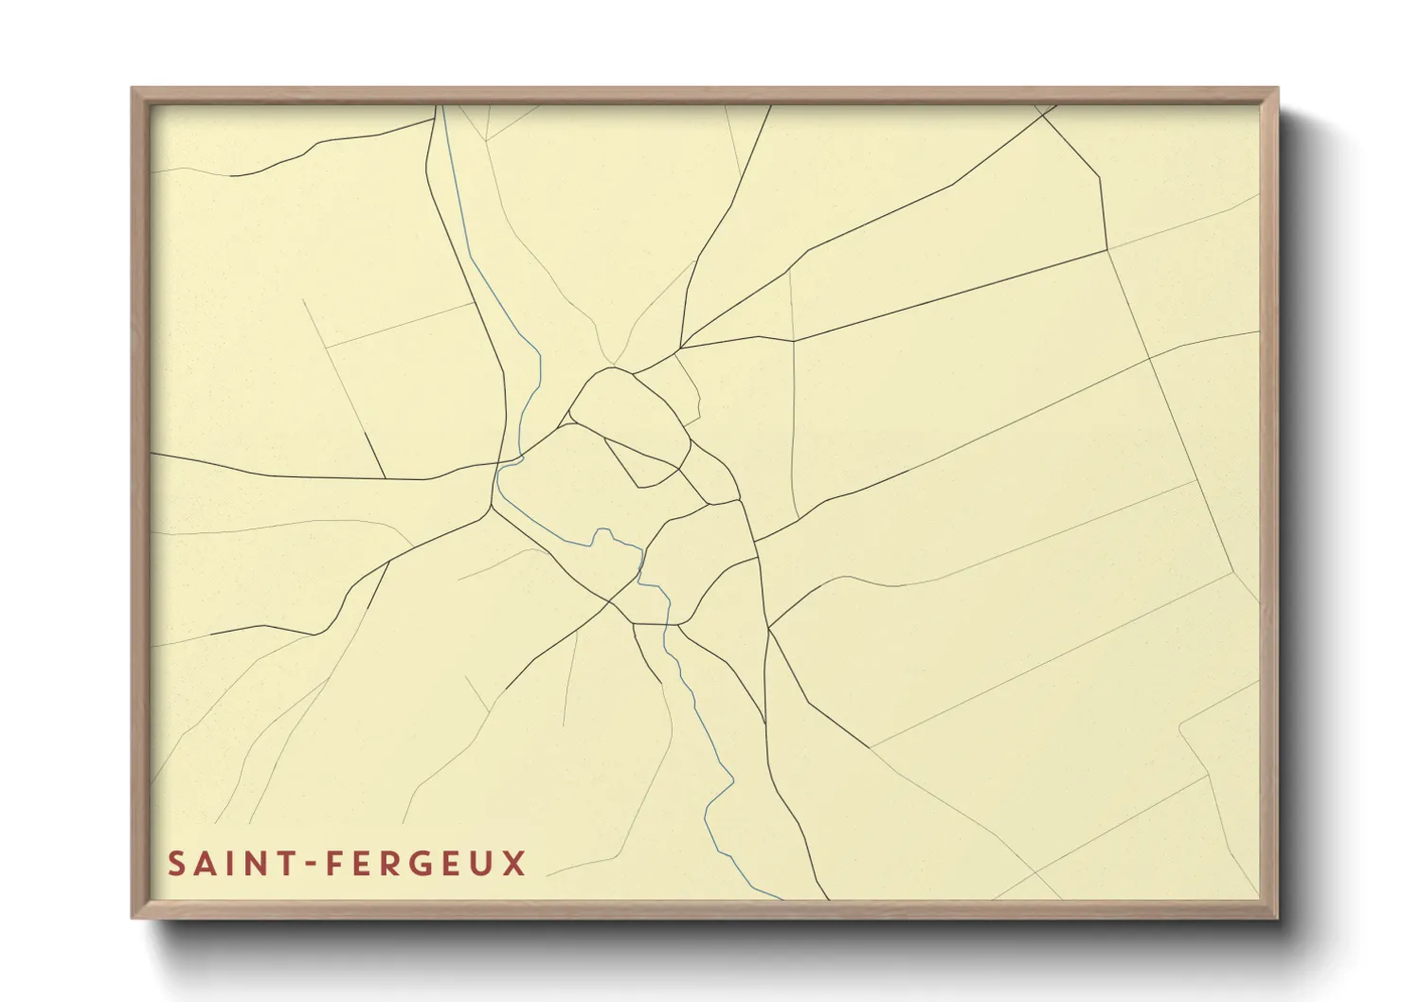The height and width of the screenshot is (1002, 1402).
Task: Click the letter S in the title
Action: coord(177,864)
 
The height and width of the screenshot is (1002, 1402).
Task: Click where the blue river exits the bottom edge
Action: coord(782,898)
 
